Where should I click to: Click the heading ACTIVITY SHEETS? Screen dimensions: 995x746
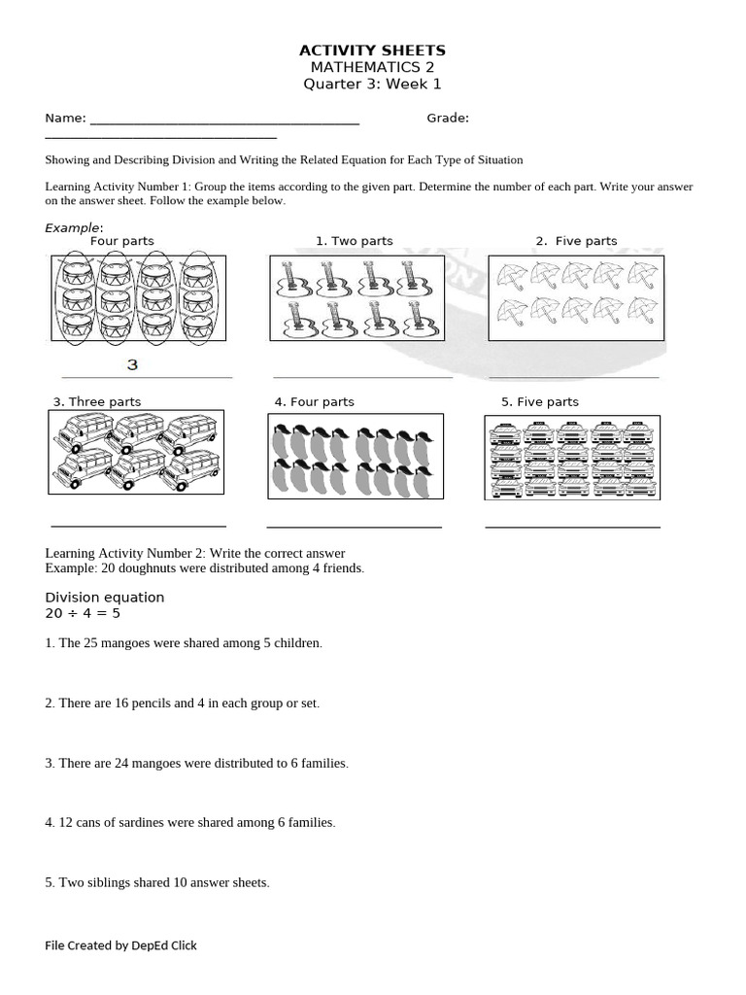point(372,50)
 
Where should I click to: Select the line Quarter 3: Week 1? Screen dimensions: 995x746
point(372,85)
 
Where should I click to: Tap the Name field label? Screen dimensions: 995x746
point(65,119)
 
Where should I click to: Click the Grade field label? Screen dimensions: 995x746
point(448,119)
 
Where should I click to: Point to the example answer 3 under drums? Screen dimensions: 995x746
point(133,365)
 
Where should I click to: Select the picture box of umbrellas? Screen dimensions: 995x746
point(576,297)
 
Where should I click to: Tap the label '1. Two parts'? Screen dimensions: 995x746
point(357,241)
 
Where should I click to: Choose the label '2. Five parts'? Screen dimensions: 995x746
point(576,241)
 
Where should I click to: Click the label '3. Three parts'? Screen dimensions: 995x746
point(97,401)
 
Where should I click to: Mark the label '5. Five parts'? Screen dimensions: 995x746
point(539,401)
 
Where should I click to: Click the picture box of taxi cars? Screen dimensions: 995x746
point(572,458)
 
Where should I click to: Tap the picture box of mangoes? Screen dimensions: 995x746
point(356,457)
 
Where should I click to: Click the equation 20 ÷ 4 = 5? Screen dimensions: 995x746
point(83,614)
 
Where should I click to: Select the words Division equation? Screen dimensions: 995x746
point(105,597)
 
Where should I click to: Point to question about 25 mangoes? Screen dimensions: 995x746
point(184,643)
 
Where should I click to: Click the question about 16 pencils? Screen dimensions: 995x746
point(183,703)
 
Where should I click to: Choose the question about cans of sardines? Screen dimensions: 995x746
point(190,822)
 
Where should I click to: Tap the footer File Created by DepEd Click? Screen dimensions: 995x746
point(120,944)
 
